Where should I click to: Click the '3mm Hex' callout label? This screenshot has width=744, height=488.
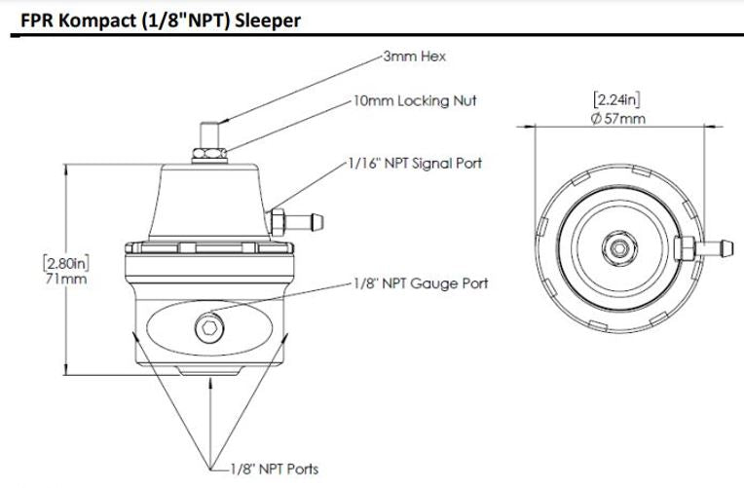415,56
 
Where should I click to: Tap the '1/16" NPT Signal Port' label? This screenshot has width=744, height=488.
415,163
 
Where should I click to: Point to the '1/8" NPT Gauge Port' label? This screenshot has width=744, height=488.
421,283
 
